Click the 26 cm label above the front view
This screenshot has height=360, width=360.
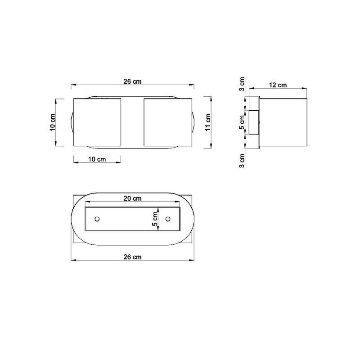click(132, 81)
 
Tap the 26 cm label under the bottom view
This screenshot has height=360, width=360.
click(132, 257)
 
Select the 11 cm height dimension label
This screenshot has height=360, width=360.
click(208, 122)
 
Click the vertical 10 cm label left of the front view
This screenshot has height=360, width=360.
click(53, 122)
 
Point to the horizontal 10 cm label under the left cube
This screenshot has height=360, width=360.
click(97, 159)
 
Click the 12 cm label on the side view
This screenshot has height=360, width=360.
click(278, 85)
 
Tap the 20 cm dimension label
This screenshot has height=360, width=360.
click(132, 198)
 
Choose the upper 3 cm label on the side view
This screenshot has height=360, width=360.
click(242, 84)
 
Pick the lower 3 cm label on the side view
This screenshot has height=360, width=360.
click(242, 161)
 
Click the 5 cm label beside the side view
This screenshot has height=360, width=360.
click(242, 122)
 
